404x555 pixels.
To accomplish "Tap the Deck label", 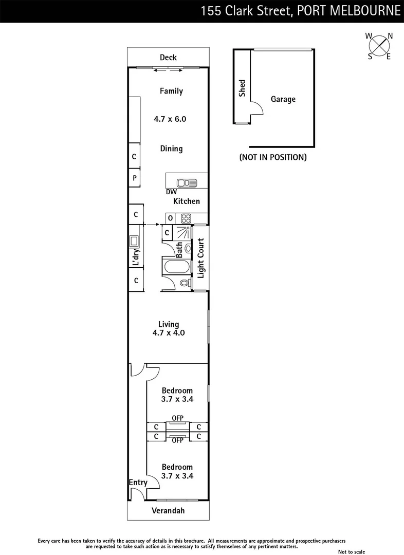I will pyautogui.click(x=168, y=57).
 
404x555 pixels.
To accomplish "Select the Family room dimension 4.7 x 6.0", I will pyautogui.click(x=170, y=119).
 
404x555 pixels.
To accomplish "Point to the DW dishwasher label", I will pyautogui.click(x=171, y=192).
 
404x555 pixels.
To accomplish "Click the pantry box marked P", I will pyautogui.click(x=134, y=178).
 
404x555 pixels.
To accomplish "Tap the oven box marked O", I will pyautogui.click(x=170, y=218).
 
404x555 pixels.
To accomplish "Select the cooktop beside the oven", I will pyautogui.click(x=186, y=218).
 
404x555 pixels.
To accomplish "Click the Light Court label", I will pyautogui.click(x=200, y=258).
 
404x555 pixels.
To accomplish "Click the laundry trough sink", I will pyautogui.click(x=134, y=240).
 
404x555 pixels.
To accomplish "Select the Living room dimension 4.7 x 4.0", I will pyautogui.click(x=169, y=332).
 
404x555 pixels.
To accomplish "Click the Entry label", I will pyautogui.click(x=138, y=483).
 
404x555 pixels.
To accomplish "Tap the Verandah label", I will pyautogui.click(x=168, y=511).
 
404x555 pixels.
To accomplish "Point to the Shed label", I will pyautogui.click(x=242, y=88).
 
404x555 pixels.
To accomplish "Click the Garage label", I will pyautogui.click(x=283, y=99).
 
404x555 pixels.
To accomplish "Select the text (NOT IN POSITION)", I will pyautogui.click(x=273, y=157).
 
